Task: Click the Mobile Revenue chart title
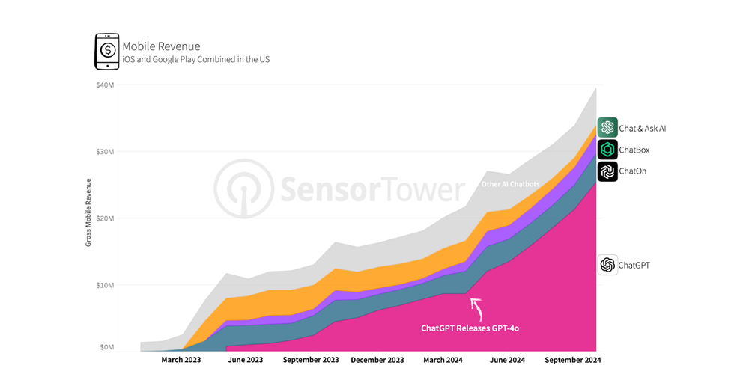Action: [x=161, y=46]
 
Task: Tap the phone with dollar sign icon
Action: [x=106, y=51]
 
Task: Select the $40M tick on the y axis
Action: [x=105, y=85]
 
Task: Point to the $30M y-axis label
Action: [x=105, y=152]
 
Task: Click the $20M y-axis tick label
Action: [x=105, y=218]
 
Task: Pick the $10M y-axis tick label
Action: [x=105, y=285]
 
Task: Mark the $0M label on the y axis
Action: [x=106, y=347]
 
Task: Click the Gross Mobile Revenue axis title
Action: [x=88, y=212]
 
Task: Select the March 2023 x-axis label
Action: [x=181, y=360]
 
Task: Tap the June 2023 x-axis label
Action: [x=245, y=360]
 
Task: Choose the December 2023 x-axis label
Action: [x=378, y=360]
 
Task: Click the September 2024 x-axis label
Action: [x=573, y=360]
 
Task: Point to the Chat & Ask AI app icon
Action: [x=607, y=128]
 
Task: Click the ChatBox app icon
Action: [x=607, y=150]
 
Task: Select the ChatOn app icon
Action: [x=607, y=171]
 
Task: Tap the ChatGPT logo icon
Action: [x=607, y=265]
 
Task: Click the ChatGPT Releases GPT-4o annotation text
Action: [x=470, y=328]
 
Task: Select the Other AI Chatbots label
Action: [x=509, y=183]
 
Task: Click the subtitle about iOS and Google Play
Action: [x=195, y=59]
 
